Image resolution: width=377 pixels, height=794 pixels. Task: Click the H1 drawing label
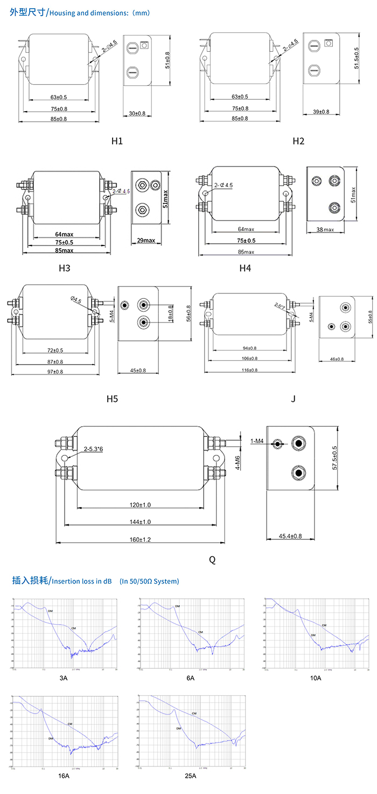point(117,141)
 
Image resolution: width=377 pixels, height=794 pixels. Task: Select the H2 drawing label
point(298,141)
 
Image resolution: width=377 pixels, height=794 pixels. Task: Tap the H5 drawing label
point(112,399)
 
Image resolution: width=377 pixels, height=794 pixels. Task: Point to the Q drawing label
point(212,560)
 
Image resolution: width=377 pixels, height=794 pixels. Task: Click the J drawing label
point(293,399)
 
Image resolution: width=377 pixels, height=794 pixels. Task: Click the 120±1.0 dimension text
point(139,505)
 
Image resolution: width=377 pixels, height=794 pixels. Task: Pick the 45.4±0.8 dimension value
point(290,536)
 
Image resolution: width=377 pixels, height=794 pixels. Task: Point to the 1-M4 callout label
point(257,441)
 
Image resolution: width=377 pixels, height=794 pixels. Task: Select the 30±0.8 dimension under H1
point(137,114)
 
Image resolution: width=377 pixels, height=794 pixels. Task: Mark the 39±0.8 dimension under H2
point(321,112)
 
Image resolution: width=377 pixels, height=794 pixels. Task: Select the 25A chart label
point(191,776)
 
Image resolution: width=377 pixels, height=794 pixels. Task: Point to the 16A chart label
point(64,776)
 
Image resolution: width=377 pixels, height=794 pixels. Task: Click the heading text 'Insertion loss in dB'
point(81,581)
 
